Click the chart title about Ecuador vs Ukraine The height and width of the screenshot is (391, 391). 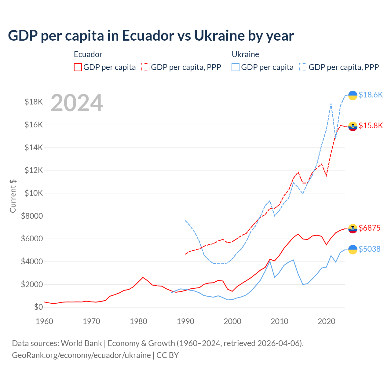[x=151, y=36]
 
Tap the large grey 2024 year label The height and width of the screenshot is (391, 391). [x=77, y=103]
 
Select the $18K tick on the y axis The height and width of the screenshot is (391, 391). [x=34, y=102]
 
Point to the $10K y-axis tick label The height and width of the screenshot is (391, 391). [x=34, y=193]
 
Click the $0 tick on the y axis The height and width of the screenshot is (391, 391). [x=38, y=307]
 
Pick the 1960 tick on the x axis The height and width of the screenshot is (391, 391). [x=45, y=321]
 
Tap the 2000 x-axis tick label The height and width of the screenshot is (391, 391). [x=232, y=321]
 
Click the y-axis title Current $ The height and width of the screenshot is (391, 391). [x=13, y=196]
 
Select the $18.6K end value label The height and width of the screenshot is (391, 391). [x=371, y=95]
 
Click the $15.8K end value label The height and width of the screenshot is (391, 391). [x=371, y=126]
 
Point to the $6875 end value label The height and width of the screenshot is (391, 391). [x=369, y=228]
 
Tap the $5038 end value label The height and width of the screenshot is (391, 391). [x=369, y=249]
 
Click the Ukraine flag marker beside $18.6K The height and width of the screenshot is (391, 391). [x=353, y=95]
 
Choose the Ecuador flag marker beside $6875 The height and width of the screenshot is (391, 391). [x=353, y=228]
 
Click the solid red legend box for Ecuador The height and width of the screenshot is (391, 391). [x=78, y=67]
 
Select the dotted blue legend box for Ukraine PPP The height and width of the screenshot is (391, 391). [x=303, y=67]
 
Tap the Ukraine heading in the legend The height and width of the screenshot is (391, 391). [x=245, y=54]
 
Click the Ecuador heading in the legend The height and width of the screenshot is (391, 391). [x=88, y=54]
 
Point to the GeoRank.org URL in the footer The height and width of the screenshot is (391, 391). [x=81, y=355]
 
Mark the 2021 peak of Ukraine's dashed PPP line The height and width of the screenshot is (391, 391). [x=331, y=104]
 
